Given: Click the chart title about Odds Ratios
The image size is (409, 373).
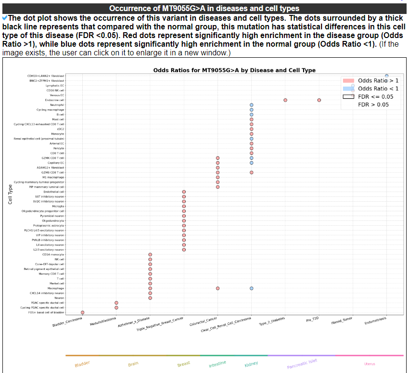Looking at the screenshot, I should pyautogui.click(x=234, y=70).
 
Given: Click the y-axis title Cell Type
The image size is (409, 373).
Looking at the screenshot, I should pyautogui.click(x=10, y=194).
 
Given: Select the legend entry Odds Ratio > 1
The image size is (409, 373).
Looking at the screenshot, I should pyautogui.click(x=378, y=80).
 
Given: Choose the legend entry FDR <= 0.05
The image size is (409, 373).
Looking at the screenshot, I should pyautogui.click(x=376, y=96).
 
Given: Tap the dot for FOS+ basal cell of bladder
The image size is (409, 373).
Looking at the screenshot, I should pyautogui.click(x=83, y=312).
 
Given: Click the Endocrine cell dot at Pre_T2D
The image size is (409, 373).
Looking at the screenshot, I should pyautogui.click(x=319, y=100).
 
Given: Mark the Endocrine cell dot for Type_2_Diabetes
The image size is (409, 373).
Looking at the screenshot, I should pyautogui.click(x=285, y=100).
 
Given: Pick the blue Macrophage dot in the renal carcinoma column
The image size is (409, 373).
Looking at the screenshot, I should pyautogui.click(x=252, y=288).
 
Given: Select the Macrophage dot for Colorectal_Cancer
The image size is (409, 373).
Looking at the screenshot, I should pyautogui.click(x=218, y=288).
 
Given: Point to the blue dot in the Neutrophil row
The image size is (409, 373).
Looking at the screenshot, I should pyautogui.click(x=252, y=105).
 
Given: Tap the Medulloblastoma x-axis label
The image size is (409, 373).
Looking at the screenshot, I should pyautogui.click(x=103, y=322).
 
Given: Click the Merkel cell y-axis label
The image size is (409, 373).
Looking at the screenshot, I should pyautogui.click(x=57, y=283).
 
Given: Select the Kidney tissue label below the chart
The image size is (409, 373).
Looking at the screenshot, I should pyautogui.click(x=251, y=364).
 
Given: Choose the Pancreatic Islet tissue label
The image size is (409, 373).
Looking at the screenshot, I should pyautogui.click(x=302, y=364).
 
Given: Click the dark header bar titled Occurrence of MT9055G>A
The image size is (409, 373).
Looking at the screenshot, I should pyautogui.click(x=204, y=9).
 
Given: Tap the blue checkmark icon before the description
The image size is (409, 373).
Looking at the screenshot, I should pyautogui.click(x=5, y=18).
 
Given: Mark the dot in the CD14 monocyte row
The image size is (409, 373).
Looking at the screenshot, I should pyautogui.click(x=150, y=255).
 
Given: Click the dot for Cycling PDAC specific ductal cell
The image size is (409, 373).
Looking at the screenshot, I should pyautogui.click(x=116, y=308).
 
